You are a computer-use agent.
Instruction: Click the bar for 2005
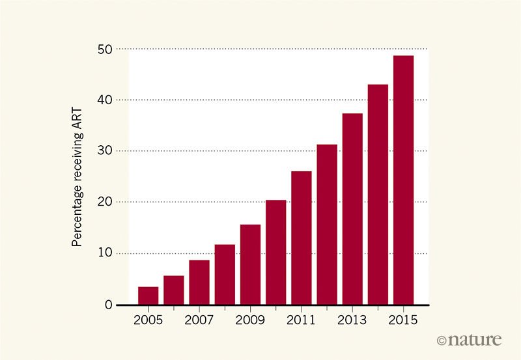tap(148, 296)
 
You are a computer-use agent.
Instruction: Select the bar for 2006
tap(174, 290)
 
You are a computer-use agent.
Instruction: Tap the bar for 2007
tap(199, 283)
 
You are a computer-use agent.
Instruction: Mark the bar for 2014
tap(378, 195)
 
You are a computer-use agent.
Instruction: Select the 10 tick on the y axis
tap(106, 253)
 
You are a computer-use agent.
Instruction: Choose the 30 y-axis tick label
tap(106, 151)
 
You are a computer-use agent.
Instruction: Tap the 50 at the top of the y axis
tap(106, 49)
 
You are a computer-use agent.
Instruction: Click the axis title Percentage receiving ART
tap(77, 177)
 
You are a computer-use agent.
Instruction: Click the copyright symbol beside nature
tap(443, 340)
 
